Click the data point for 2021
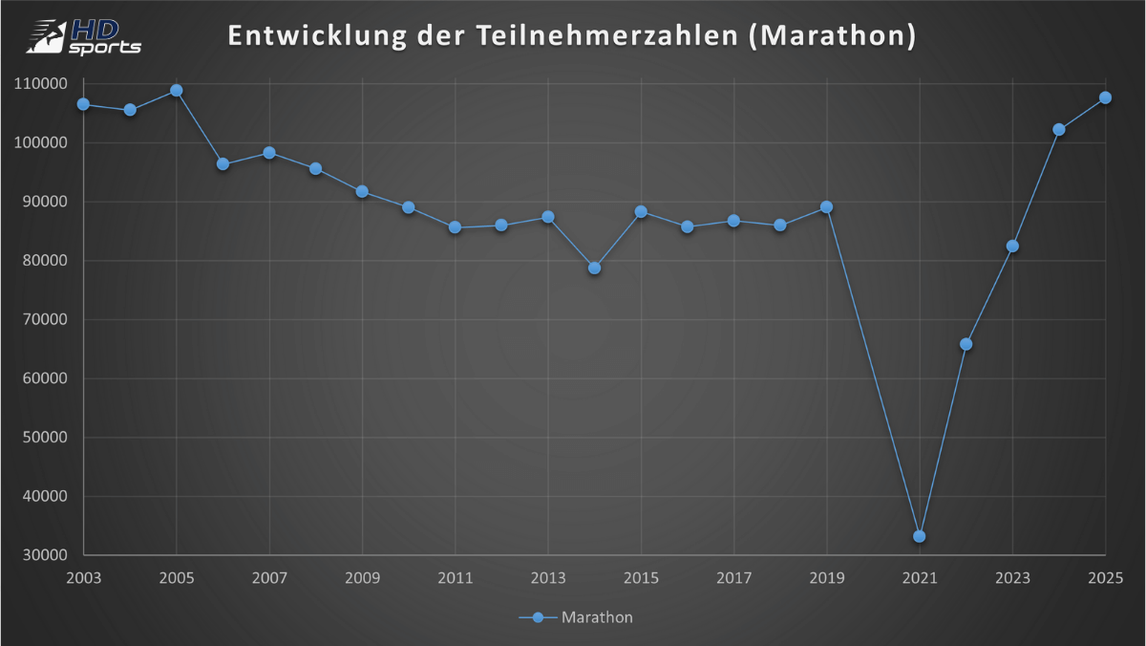(919, 536)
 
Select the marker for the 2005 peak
(177, 91)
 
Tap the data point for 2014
(594, 268)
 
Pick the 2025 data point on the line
(1105, 97)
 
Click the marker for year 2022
(966, 344)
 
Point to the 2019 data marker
(826, 207)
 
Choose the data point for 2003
(84, 104)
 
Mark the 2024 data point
(1058, 129)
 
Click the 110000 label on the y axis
(39, 84)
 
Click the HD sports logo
(84, 36)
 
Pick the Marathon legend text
(597, 617)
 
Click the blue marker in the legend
(538, 617)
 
